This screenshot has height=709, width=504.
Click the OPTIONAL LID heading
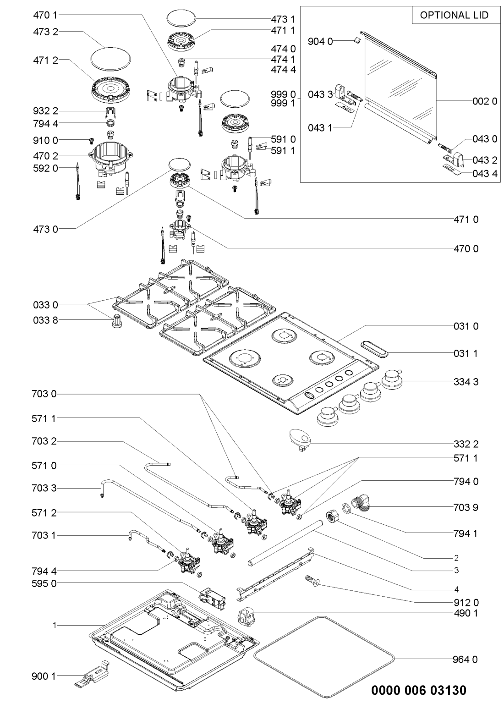[454, 15]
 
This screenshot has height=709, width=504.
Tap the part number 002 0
[485, 102]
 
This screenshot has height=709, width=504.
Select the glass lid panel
[399, 87]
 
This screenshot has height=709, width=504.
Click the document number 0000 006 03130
[419, 690]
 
